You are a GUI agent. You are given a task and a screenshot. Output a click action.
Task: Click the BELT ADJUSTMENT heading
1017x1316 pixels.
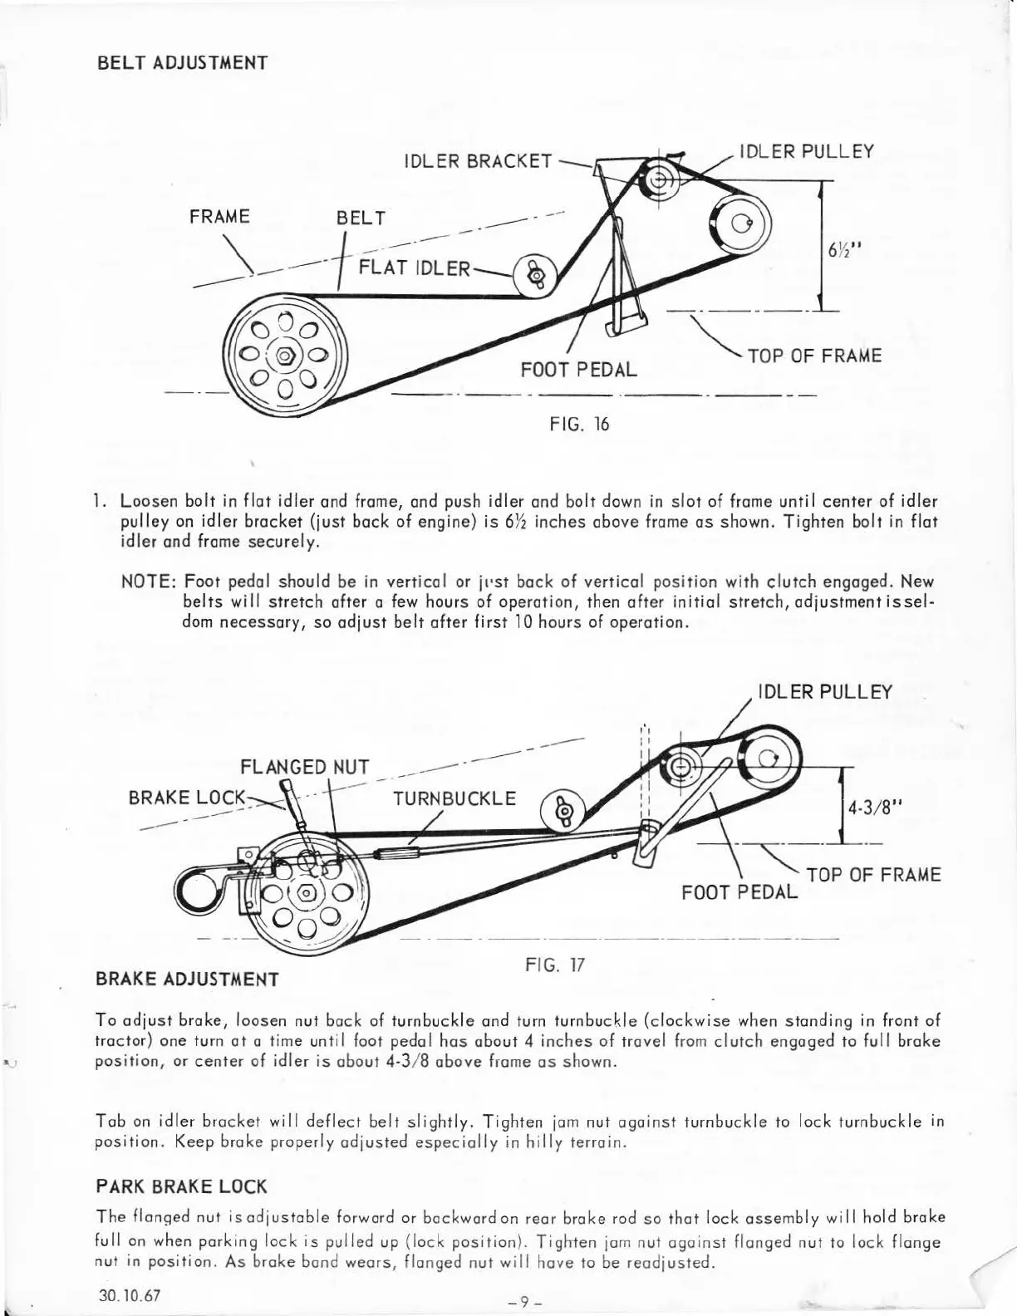tap(182, 63)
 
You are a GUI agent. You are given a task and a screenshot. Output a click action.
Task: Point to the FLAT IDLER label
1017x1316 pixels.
tap(415, 268)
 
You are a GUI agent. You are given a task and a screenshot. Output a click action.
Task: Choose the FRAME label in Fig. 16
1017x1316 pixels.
tap(219, 217)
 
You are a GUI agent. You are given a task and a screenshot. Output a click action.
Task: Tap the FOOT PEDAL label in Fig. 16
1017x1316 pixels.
tap(578, 369)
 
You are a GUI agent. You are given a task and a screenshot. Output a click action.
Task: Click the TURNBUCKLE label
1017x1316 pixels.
tap(454, 798)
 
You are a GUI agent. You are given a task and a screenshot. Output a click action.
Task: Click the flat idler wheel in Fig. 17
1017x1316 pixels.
tap(563, 809)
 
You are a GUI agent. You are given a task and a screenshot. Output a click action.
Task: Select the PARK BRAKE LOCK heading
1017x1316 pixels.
tap(182, 1186)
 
